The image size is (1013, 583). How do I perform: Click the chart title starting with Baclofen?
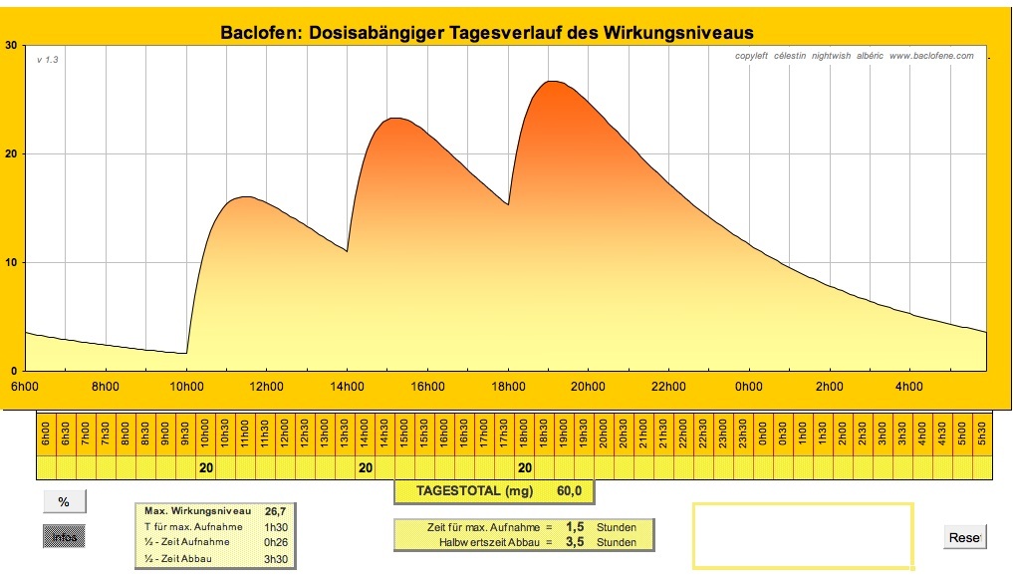pyautogui.click(x=486, y=33)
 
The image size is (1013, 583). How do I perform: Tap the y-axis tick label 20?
pyautogui.click(x=11, y=154)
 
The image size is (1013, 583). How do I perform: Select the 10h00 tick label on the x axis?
pyautogui.click(x=186, y=387)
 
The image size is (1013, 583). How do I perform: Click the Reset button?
pyautogui.click(x=964, y=537)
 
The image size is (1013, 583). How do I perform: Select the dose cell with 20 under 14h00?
pyautogui.click(x=366, y=467)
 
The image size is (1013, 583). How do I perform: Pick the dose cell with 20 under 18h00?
pyautogui.click(x=525, y=467)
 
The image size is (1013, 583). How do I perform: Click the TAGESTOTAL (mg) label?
pyautogui.click(x=475, y=491)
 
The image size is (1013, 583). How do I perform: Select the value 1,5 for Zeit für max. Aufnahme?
pyautogui.click(x=575, y=526)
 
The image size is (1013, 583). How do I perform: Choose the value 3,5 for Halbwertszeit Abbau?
pyautogui.click(x=575, y=542)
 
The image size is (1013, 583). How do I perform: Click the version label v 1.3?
pyautogui.click(x=48, y=61)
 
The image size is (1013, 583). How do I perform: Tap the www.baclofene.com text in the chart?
pyautogui.click(x=931, y=56)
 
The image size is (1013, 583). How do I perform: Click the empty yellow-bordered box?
pyautogui.click(x=802, y=536)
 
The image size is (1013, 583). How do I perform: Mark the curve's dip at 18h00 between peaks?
pyautogui.click(x=508, y=204)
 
